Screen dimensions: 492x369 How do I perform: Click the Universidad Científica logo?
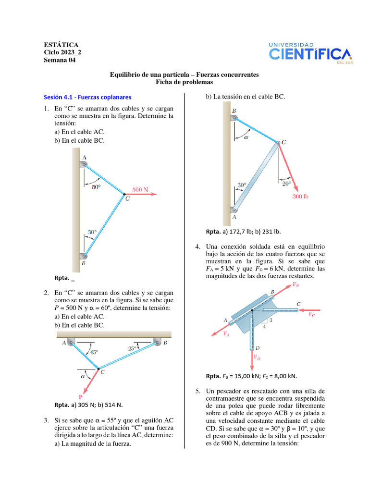tap(310, 52)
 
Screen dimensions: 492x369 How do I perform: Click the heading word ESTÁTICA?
tap(61, 45)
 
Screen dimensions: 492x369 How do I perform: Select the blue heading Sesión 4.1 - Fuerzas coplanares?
tap(87, 97)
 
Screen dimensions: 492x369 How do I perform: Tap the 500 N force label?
tap(140, 190)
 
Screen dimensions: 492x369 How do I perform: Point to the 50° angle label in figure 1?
tap(96, 187)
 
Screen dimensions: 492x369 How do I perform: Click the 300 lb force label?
tap(300, 197)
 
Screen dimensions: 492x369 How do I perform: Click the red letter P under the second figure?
tap(80, 397)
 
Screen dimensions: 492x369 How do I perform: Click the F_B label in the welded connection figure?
tap(296, 285)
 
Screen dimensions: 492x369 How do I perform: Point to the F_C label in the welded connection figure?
tap(312, 314)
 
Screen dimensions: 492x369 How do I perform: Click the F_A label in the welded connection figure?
tap(227, 334)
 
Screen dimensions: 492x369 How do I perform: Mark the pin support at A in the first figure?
tap(84, 164)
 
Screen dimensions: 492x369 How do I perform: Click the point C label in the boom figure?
tap(283, 142)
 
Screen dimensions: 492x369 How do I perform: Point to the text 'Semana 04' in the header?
tap(60, 60)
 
